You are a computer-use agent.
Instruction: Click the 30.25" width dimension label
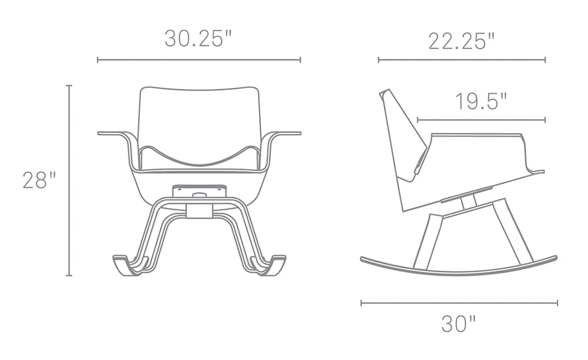(x=199, y=38)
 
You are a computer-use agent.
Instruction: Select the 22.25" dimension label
(x=461, y=40)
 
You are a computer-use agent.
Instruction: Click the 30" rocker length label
(x=459, y=324)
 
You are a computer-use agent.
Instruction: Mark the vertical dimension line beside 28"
(x=69, y=180)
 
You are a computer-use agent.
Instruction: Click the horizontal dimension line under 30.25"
(x=199, y=60)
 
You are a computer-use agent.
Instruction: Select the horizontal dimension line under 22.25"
(x=461, y=60)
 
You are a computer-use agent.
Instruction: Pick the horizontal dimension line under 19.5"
(x=481, y=120)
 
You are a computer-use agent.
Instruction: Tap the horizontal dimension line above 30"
(x=459, y=303)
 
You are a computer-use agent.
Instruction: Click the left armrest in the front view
(x=116, y=135)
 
